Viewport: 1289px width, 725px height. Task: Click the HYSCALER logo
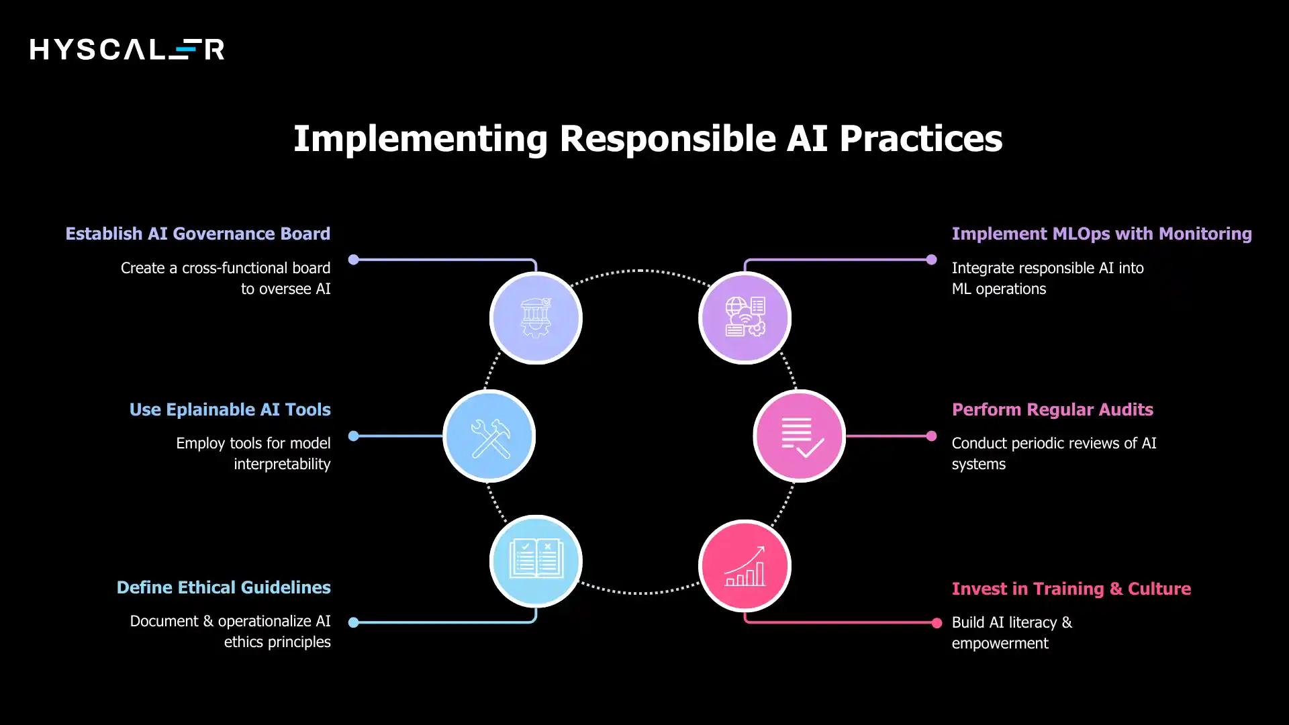click(127, 49)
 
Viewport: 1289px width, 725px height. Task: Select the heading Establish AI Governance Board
click(197, 234)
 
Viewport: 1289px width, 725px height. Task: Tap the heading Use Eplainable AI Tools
click(230, 409)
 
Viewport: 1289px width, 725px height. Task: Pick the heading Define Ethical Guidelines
click(224, 587)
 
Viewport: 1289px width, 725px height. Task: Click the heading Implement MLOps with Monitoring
click(1101, 234)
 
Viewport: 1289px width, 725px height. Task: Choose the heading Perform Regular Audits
click(1052, 409)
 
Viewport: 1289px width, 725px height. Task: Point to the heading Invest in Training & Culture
click(1071, 589)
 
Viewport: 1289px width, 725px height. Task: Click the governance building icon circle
click(536, 318)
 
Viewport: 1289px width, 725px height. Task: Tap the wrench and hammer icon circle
click(489, 436)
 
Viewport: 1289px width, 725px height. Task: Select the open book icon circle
click(536, 561)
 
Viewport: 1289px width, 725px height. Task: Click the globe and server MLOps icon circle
click(745, 318)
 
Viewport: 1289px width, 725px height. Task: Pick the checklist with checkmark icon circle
click(799, 436)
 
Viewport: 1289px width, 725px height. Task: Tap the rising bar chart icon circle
click(745, 566)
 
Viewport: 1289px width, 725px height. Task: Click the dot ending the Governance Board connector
click(354, 260)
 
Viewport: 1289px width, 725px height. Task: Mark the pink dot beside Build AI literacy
click(937, 623)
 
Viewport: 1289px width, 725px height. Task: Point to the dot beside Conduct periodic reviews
click(931, 436)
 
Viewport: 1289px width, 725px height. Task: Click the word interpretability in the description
click(282, 464)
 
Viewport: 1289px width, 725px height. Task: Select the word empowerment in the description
click(1000, 643)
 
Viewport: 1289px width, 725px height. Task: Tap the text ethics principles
click(277, 642)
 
